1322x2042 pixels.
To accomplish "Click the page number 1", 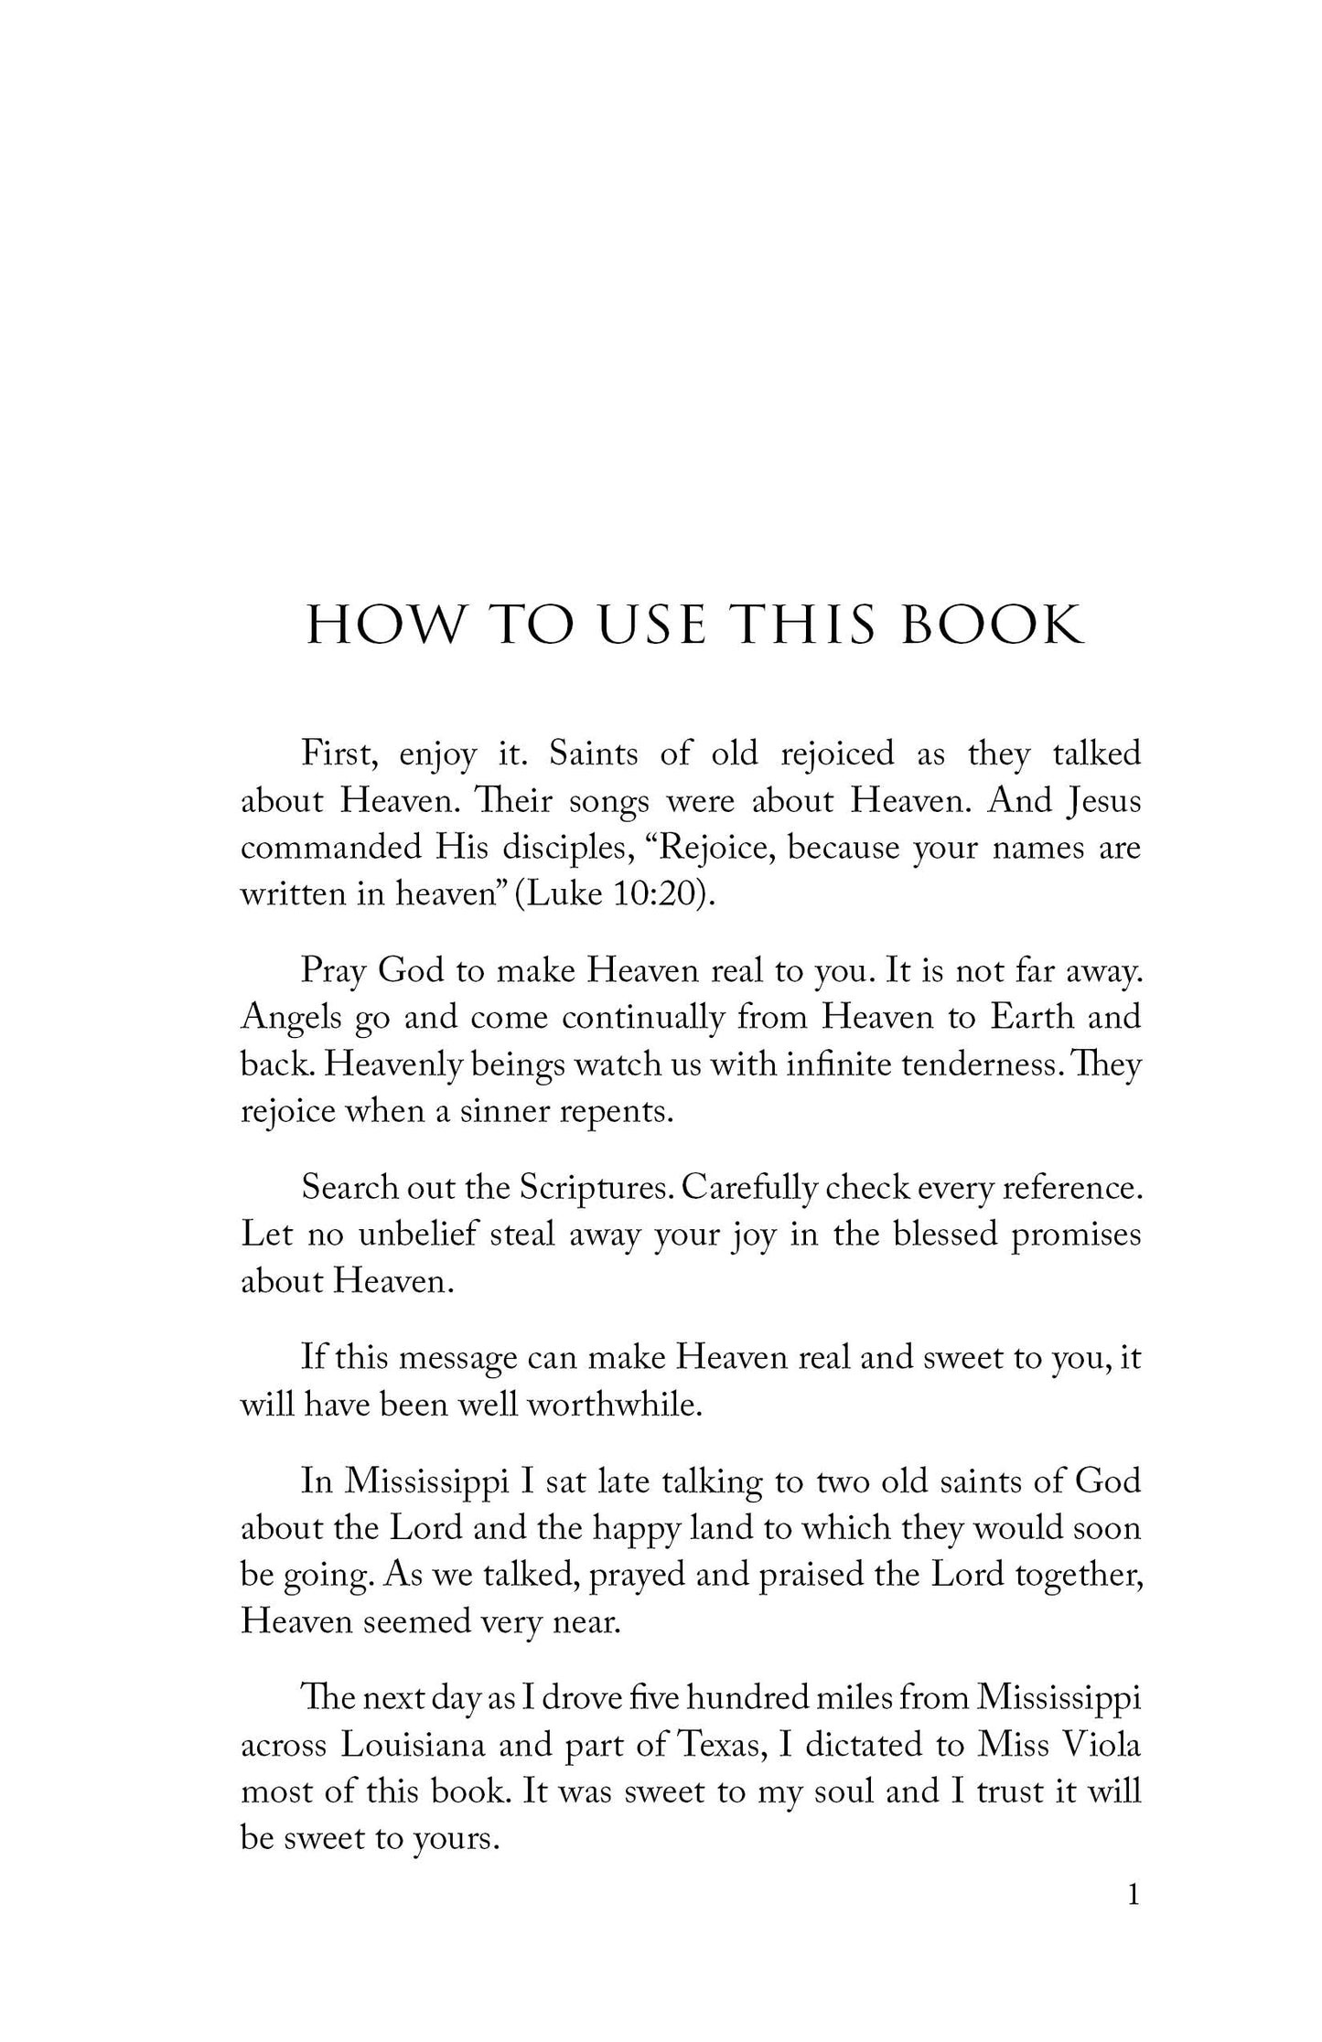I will tap(1134, 1896).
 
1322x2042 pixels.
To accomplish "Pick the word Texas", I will tap(722, 1745).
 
